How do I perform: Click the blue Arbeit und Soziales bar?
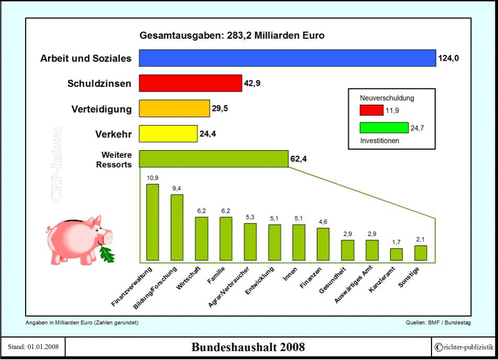(x=287, y=58)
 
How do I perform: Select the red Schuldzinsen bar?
(x=190, y=83)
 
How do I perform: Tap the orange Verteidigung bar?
(x=174, y=108)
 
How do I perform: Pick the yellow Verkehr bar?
(x=168, y=133)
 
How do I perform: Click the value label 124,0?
(x=449, y=59)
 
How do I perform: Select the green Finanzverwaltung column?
(x=152, y=222)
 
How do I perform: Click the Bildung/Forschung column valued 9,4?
(x=177, y=227)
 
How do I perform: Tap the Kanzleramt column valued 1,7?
(x=397, y=254)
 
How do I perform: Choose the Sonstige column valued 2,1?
(x=421, y=253)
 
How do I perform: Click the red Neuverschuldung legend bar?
(x=371, y=110)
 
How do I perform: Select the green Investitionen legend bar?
(x=384, y=128)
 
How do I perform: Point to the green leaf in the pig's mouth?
(x=107, y=254)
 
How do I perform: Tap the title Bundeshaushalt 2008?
(x=248, y=347)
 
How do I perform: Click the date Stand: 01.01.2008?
(x=33, y=347)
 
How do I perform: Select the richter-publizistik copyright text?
(x=464, y=347)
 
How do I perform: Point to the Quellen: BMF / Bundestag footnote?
(x=438, y=322)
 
